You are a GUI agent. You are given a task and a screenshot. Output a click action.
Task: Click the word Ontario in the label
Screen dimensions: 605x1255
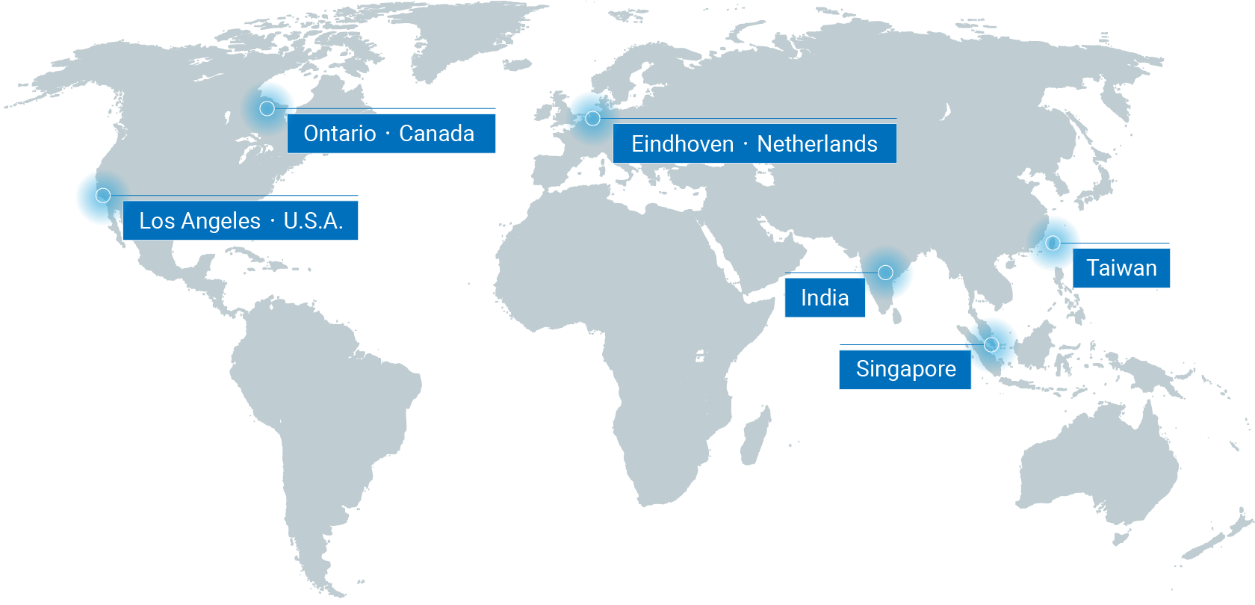coord(339,134)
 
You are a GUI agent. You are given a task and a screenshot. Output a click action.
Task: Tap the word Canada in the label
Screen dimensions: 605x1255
coord(436,134)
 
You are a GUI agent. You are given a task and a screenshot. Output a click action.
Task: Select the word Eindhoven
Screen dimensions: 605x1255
coord(682,144)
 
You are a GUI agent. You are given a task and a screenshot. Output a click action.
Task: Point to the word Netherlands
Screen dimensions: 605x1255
coord(816,144)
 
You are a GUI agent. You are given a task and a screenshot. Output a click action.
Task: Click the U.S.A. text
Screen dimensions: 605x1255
coord(313,221)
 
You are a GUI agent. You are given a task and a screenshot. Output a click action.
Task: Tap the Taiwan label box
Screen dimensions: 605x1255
coord(1121,268)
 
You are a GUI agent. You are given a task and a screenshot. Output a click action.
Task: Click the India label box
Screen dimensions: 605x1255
coord(825,298)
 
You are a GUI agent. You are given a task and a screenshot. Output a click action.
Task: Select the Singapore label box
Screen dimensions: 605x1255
coord(905,369)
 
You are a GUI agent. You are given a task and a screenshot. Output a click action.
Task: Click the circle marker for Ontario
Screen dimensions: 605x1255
coord(267,108)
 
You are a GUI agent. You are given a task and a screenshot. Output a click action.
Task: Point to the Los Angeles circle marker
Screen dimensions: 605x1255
coord(103,196)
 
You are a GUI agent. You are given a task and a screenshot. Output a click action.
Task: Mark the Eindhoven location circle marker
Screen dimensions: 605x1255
coord(592,118)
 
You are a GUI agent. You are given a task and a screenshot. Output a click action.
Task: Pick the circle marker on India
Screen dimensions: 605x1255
coord(885,273)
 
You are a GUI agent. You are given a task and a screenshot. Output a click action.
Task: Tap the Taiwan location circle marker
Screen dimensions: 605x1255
coord(1053,243)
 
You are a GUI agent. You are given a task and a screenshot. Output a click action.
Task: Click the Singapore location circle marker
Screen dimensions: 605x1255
coord(991,344)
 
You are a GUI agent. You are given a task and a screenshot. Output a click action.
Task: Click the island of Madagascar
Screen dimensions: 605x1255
coord(757,429)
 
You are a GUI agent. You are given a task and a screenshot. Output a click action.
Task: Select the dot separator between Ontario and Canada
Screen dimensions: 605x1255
coord(388,134)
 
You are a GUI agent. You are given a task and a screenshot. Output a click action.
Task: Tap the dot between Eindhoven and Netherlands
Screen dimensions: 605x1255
coord(746,144)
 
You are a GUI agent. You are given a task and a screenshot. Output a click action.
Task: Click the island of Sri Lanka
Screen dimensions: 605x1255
coord(896,317)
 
